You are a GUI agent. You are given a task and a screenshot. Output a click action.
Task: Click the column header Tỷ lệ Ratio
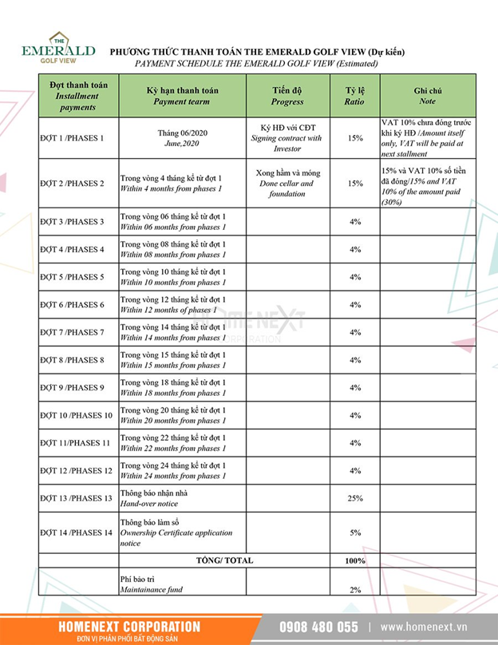[x=354, y=96]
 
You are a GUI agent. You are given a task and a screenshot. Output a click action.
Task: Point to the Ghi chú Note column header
[x=427, y=96]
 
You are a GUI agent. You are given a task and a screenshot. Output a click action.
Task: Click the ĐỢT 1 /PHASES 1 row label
[x=72, y=138]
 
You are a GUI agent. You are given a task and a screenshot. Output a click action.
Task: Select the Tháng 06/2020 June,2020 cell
[x=182, y=138]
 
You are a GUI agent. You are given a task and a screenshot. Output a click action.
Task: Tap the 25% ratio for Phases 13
[x=355, y=498]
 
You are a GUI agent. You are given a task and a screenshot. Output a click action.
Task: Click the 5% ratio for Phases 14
[x=355, y=532]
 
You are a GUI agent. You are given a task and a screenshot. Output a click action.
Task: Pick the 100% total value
[x=355, y=560]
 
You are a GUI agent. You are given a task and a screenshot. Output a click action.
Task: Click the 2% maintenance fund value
[x=355, y=589]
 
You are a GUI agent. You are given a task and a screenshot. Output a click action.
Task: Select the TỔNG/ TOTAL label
[x=224, y=560]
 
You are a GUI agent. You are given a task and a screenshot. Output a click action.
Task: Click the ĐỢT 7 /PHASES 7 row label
[x=72, y=332]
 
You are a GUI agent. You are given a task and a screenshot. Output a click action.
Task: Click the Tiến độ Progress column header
[x=287, y=96]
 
